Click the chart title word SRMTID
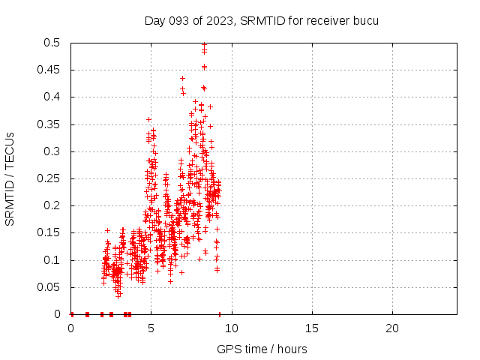[x=260, y=20]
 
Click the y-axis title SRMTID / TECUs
[x=10, y=178]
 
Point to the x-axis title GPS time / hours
[x=262, y=349]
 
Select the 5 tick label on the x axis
[x=151, y=328]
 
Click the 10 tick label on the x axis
[x=232, y=328]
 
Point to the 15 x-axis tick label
[x=312, y=328]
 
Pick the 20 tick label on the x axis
[x=392, y=328]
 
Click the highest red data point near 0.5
[x=204, y=44]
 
